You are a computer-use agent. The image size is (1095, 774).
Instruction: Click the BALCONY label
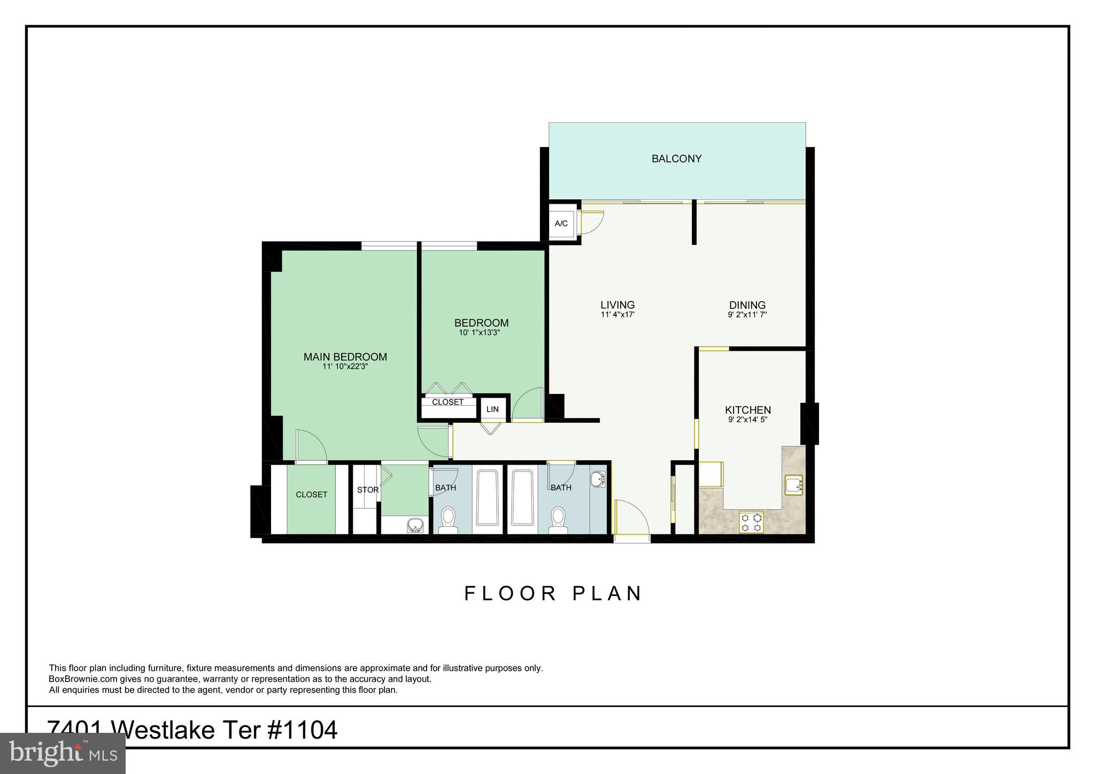(676, 159)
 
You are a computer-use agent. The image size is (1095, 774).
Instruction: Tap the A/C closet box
(561, 223)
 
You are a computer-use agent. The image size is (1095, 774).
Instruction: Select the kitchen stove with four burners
(751, 522)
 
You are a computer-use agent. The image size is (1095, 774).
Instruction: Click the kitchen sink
(793, 485)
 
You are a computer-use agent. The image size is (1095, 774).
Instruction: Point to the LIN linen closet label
(492, 409)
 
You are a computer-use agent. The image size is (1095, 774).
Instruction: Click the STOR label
(368, 490)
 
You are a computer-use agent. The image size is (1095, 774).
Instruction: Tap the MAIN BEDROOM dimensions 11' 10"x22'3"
(345, 367)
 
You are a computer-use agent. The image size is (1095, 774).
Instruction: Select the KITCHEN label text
(747, 410)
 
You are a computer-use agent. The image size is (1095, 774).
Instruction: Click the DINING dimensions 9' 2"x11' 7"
(747, 315)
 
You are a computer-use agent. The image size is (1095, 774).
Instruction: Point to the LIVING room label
(618, 305)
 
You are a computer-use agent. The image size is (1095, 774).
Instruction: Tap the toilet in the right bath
(558, 520)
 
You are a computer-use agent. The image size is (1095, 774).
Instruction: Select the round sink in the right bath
(598, 479)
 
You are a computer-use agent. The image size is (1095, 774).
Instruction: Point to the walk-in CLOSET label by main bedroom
(311, 495)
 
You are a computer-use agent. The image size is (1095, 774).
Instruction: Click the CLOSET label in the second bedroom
(448, 402)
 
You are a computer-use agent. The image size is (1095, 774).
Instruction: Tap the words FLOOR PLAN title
(553, 594)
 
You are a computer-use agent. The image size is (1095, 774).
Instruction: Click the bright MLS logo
(63, 753)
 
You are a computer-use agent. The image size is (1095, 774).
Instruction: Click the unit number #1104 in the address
(302, 730)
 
